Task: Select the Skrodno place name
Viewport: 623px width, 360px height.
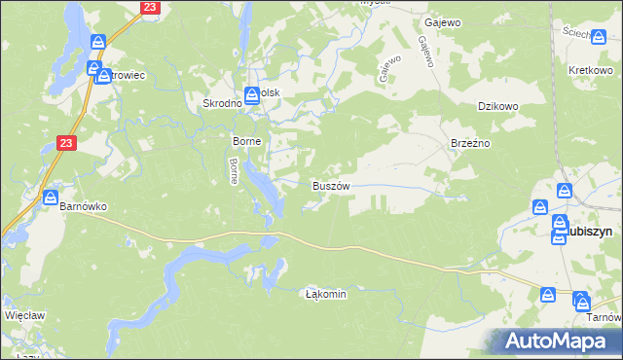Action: [x=220, y=103]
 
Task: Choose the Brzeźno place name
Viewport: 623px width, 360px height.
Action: [x=469, y=142]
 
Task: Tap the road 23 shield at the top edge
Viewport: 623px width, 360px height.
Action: [x=148, y=7]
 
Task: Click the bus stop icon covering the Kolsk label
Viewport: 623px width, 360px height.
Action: [x=252, y=94]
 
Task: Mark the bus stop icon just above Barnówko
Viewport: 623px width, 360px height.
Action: [x=50, y=198]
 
